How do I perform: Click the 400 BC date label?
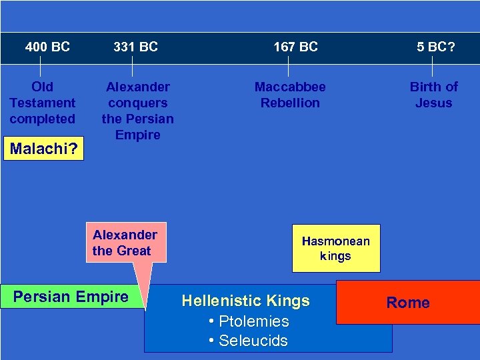(x=47, y=47)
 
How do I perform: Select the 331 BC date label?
(x=135, y=47)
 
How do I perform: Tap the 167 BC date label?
(x=295, y=47)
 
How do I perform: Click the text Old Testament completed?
(x=43, y=103)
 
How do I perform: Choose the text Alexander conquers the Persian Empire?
(x=137, y=111)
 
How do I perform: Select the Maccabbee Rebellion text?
(x=290, y=95)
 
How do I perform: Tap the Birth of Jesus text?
(x=433, y=95)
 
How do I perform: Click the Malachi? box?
(x=43, y=149)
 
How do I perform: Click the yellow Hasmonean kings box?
(x=335, y=248)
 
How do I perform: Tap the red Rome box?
(x=408, y=303)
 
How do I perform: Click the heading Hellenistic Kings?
(x=245, y=301)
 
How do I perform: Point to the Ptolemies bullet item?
(x=248, y=321)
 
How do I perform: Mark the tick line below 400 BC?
(x=41, y=67)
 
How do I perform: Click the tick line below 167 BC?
(x=288, y=67)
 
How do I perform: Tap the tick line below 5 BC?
(x=433, y=67)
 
